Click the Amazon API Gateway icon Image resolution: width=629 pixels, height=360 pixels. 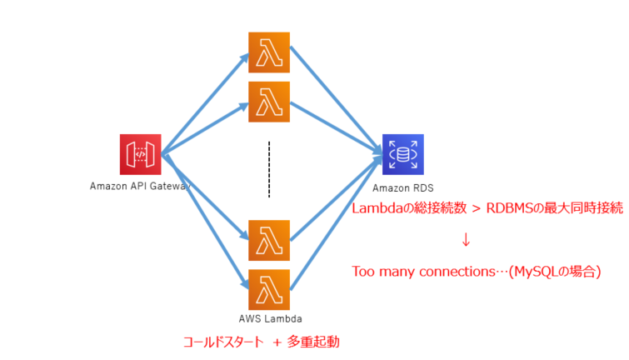click(140, 154)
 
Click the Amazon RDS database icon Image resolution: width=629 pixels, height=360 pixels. click(402, 154)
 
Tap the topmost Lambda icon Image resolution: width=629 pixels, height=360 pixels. click(269, 52)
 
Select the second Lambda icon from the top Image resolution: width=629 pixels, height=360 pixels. click(269, 100)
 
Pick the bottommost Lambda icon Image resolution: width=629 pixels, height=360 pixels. click(269, 289)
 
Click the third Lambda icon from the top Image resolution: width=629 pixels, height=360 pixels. click(269, 241)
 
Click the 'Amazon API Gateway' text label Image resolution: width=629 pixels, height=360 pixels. click(140, 186)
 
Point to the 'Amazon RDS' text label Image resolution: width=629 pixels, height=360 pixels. click(402, 187)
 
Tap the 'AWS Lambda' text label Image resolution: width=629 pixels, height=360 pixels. click(269, 318)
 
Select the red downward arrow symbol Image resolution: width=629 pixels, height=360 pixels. click(465, 240)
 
